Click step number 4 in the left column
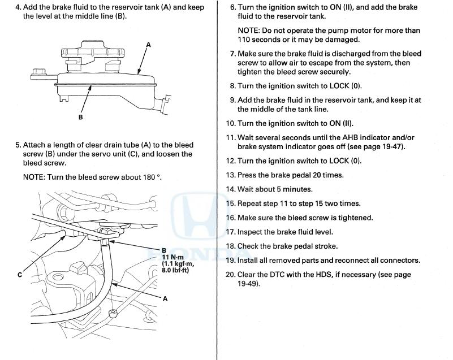(x=17, y=8)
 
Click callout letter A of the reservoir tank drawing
(x=148, y=43)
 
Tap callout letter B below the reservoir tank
(x=81, y=118)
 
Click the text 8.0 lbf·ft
(x=175, y=270)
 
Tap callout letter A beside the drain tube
(x=165, y=299)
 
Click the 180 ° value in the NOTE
(x=153, y=177)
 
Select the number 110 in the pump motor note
(x=244, y=40)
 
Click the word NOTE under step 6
(x=248, y=31)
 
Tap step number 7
(x=232, y=54)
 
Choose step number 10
(x=230, y=123)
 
